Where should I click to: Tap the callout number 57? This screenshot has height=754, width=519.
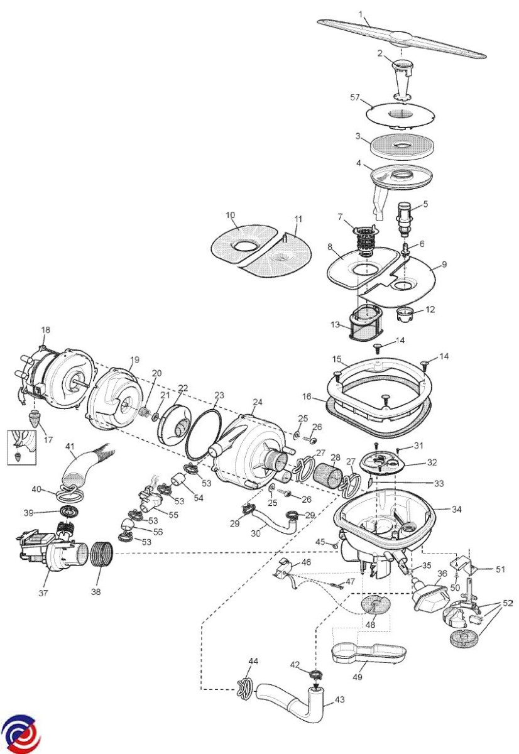pos(355,97)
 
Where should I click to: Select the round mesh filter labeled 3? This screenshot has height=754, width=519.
pos(401,145)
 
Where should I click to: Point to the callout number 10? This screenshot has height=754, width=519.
pos(231,215)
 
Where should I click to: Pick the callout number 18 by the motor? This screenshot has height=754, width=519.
pos(45,330)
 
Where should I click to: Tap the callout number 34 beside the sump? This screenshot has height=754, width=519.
pos(457,510)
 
